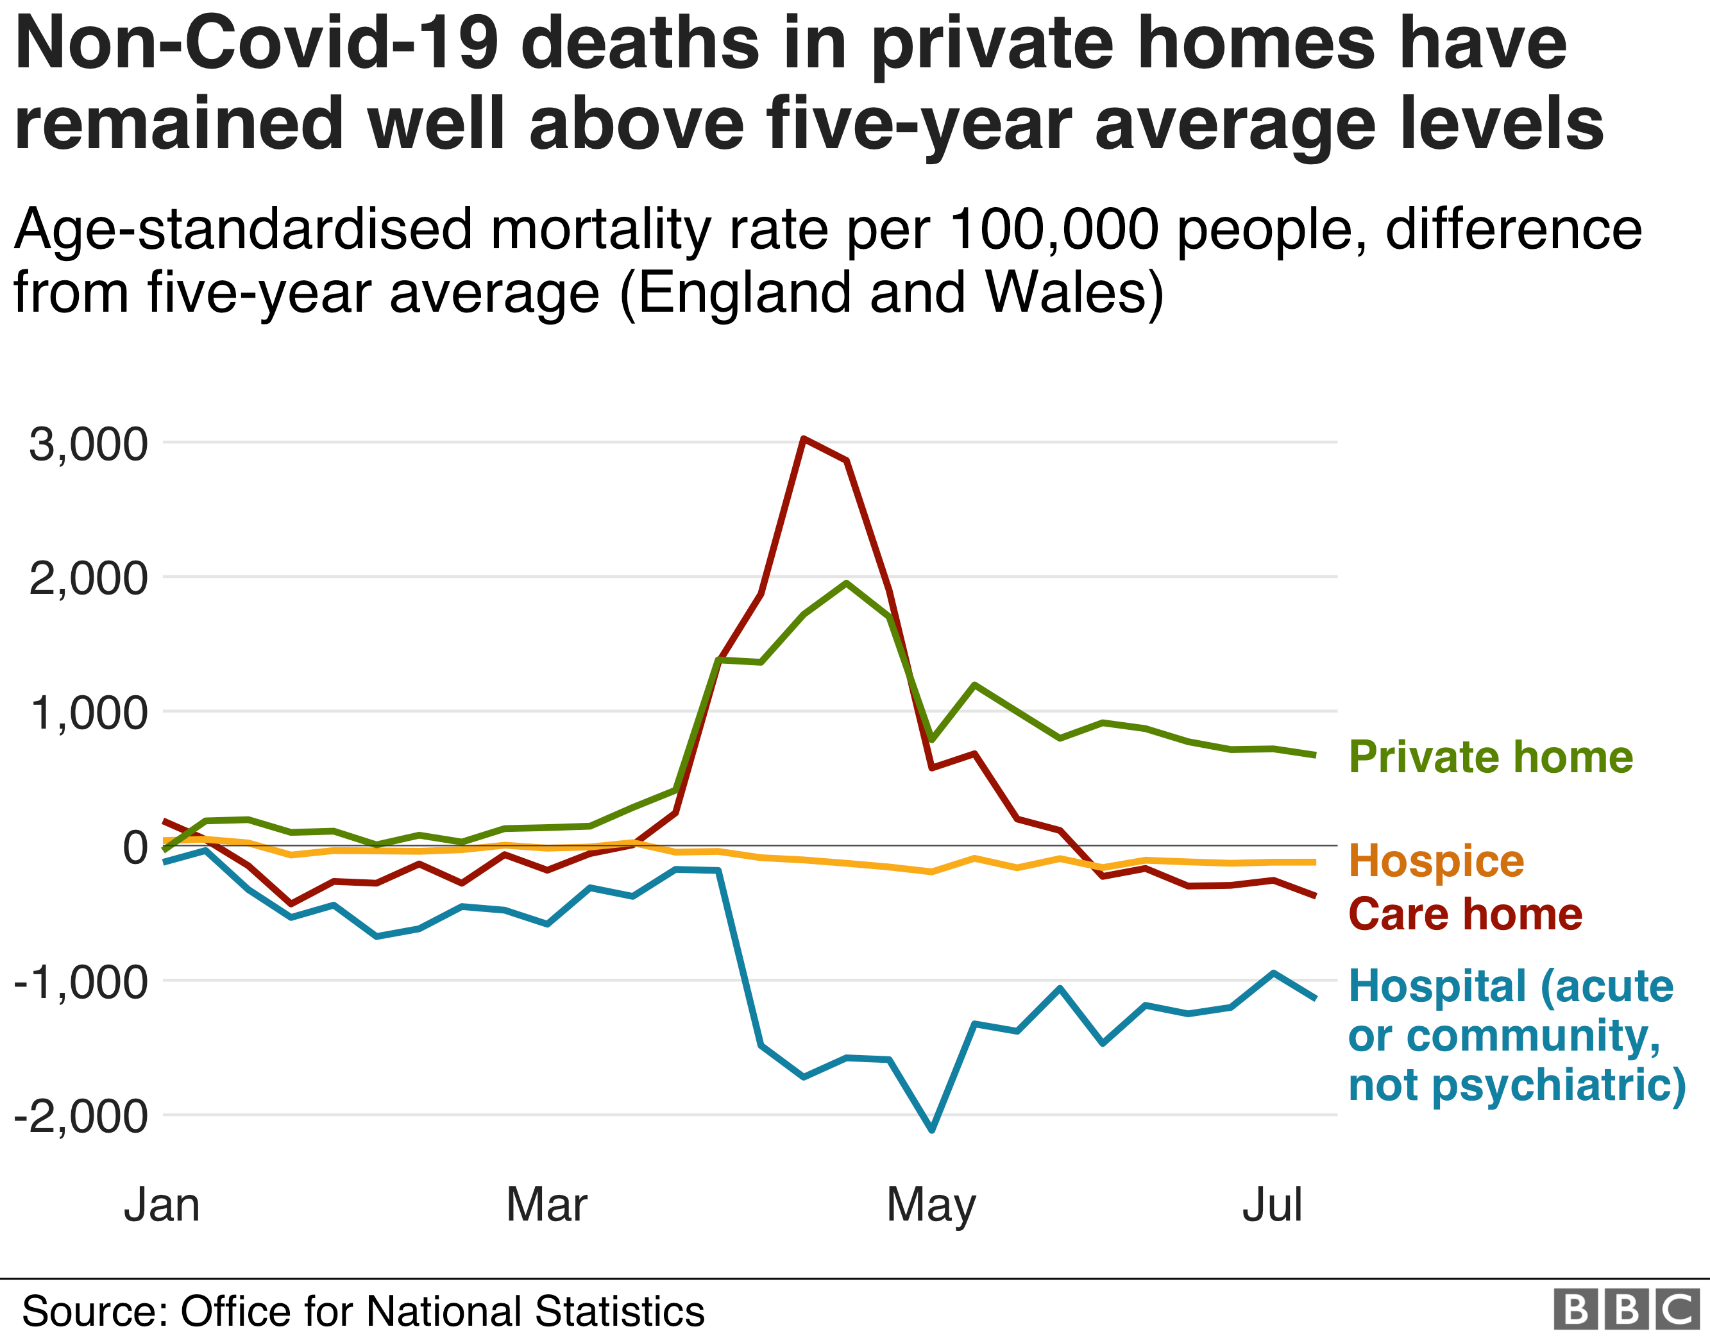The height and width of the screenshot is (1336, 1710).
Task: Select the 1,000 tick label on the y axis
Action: [x=88, y=713]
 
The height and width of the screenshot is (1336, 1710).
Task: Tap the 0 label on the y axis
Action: [x=135, y=847]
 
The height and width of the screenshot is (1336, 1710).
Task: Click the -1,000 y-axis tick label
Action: [x=81, y=982]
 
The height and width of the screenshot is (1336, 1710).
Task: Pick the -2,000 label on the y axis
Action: [x=81, y=1117]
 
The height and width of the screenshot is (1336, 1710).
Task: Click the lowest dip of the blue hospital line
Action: [x=932, y=1130]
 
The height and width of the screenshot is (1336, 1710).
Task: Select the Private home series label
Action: [x=1491, y=757]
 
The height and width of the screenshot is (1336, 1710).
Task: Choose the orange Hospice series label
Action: [x=1436, y=861]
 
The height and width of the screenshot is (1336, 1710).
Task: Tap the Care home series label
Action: [x=1465, y=914]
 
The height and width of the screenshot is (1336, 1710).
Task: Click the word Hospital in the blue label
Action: [x=1437, y=986]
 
